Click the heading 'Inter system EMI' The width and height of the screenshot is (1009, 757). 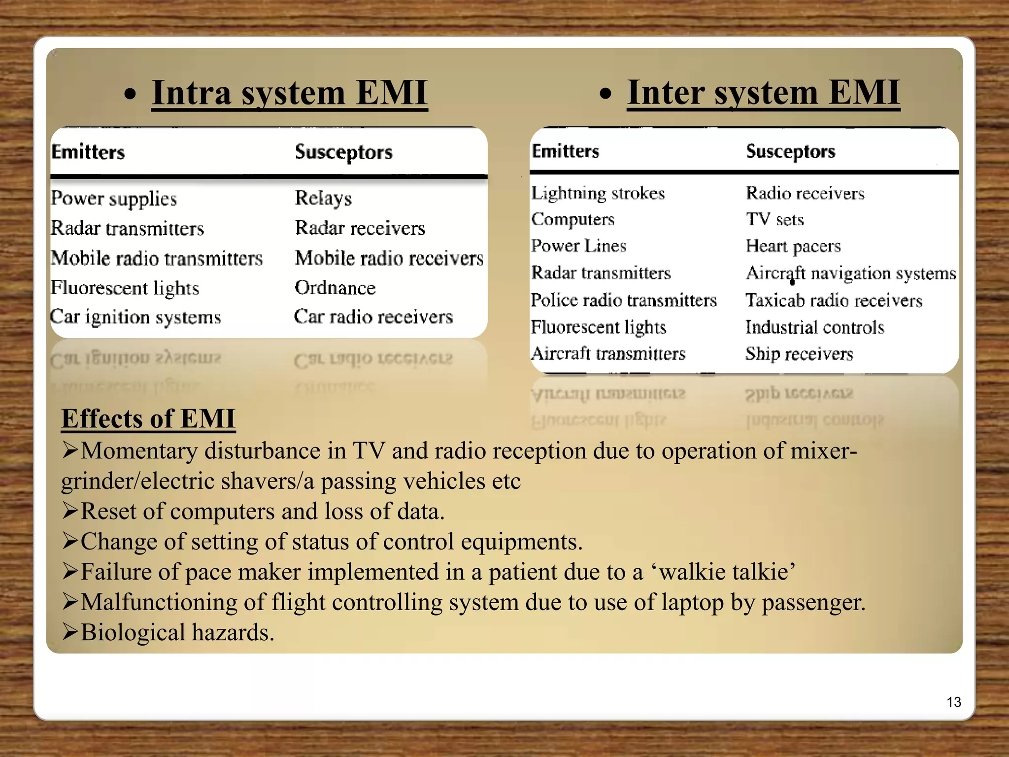[763, 93]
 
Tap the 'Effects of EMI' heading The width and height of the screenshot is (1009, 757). [148, 419]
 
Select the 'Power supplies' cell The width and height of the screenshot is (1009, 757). [114, 199]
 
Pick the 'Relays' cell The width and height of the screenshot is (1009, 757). [323, 198]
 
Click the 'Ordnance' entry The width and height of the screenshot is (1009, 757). [335, 287]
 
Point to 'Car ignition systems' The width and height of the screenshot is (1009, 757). [135, 317]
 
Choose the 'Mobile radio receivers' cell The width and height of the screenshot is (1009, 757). [389, 258]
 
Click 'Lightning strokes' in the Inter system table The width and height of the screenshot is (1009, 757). [598, 193]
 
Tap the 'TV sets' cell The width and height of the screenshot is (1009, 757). [775, 219]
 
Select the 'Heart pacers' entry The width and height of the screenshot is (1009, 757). [793, 246]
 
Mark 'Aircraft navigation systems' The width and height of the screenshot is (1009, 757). [851, 273]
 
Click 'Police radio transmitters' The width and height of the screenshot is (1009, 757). [624, 300]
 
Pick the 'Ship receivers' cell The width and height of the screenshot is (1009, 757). [799, 353]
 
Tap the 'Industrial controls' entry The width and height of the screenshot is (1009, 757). [814, 327]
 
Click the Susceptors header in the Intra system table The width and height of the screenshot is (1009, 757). [343, 152]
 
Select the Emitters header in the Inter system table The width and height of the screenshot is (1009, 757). [565, 151]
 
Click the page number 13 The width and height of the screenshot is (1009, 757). [954, 702]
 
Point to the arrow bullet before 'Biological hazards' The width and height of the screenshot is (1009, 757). [70, 632]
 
